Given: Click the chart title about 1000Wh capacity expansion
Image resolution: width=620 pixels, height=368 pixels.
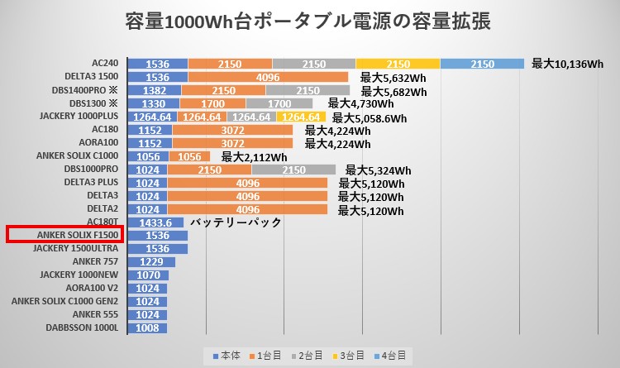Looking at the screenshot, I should [x=310, y=22].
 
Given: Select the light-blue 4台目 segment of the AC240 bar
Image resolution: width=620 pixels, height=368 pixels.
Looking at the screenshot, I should [x=482, y=64].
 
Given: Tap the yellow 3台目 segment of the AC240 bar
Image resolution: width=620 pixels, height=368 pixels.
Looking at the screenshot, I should [x=398, y=64].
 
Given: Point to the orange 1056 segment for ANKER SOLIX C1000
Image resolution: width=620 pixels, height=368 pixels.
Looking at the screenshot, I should [x=189, y=156].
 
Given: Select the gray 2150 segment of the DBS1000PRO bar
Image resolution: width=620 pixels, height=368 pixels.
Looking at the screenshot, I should [x=293, y=170].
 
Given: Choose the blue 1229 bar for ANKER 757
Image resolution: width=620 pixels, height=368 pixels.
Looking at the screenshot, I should [x=156, y=262].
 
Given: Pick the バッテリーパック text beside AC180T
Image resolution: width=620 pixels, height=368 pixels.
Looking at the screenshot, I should [x=236, y=222].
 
